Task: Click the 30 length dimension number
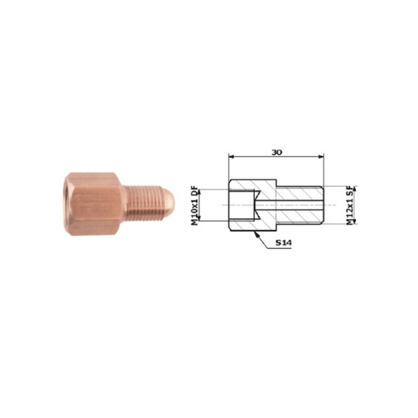click(277, 153)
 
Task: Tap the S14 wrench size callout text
click(284, 242)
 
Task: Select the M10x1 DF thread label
click(195, 206)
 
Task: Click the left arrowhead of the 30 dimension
click(231, 157)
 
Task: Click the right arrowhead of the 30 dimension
click(321, 157)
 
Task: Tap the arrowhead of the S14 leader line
click(256, 234)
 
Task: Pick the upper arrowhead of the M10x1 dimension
click(199, 192)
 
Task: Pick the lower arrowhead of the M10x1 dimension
click(199, 218)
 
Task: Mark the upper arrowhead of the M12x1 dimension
click(355, 189)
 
